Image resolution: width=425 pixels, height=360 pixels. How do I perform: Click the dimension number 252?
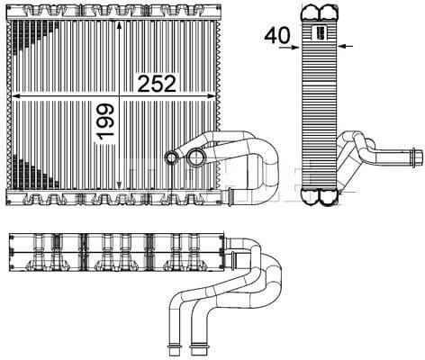tap(156, 82)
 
